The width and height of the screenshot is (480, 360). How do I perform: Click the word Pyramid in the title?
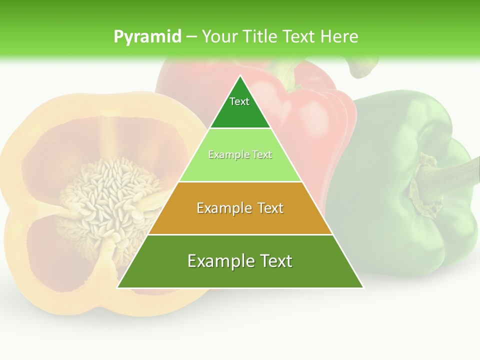click(x=147, y=37)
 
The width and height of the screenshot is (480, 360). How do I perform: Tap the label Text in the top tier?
click(x=239, y=101)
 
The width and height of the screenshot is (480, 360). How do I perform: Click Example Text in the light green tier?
click(x=240, y=155)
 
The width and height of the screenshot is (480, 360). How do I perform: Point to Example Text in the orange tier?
click(x=240, y=208)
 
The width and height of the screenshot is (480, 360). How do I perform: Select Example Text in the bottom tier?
click(x=240, y=261)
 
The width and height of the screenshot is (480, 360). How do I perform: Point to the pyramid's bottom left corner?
click(x=117, y=287)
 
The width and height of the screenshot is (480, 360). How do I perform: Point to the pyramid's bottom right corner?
click(x=363, y=287)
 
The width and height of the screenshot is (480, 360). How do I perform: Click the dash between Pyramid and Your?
click(x=191, y=37)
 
